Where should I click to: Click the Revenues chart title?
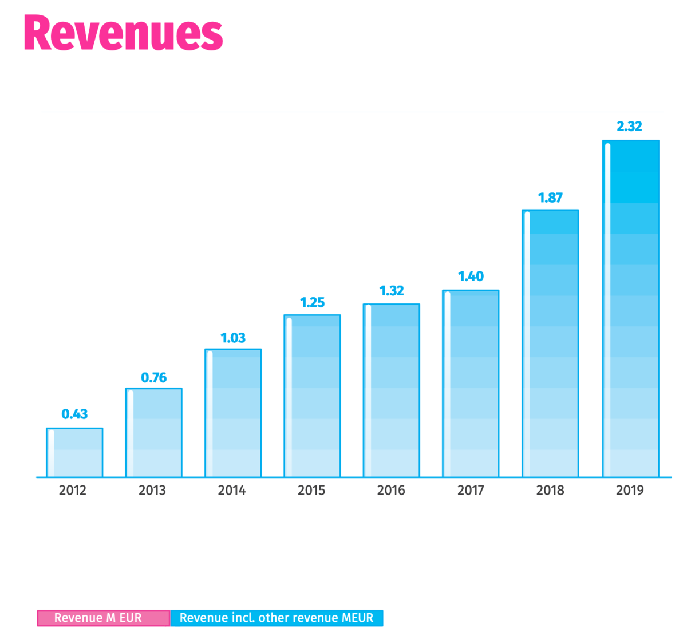123,33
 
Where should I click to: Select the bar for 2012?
74,452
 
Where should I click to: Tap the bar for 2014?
233,413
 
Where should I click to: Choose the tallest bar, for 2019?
630,309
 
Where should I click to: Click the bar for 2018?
550,343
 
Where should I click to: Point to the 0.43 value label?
74,414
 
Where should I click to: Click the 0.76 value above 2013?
153,377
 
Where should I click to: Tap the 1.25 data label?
312,302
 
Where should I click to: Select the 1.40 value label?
471,276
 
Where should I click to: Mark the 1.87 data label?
550,198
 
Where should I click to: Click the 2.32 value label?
629,126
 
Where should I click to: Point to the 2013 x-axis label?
152,490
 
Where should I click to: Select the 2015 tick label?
311,490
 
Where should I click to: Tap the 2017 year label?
471,490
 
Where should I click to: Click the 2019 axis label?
630,490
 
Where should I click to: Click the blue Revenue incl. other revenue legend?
277,618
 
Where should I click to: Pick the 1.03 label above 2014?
233,338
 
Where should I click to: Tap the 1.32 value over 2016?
392,290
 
